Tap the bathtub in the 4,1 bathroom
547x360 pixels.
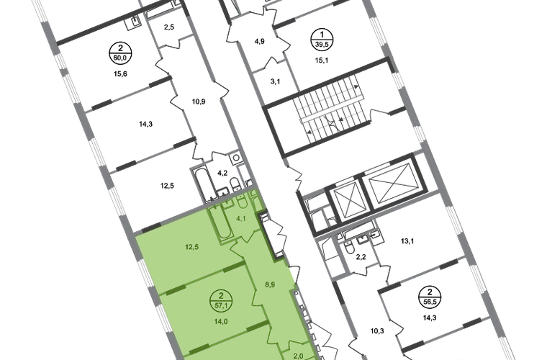pyautogui.click(x=220, y=225)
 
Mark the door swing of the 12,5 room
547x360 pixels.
pyautogui.click(x=235, y=249)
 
